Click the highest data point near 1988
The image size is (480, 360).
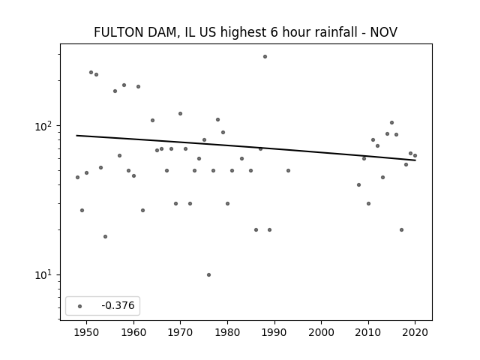(265, 56)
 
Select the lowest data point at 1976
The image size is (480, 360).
(208, 274)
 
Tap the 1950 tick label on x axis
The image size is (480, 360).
(87, 332)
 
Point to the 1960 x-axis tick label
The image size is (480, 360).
(133, 332)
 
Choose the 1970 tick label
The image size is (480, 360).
(181, 332)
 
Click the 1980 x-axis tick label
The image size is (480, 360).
(227, 332)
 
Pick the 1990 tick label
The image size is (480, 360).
(274, 332)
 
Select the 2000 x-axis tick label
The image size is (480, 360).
(321, 332)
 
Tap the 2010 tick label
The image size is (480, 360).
(368, 332)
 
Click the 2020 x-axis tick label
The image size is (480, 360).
(415, 332)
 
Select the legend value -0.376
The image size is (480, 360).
(116, 306)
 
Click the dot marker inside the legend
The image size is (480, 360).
(80, 306)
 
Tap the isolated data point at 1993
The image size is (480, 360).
(288, 170)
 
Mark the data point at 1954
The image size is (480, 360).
(105, 236)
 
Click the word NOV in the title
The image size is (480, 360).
(384, 32)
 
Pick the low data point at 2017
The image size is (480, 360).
(401, 229)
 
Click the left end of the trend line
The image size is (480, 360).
(77, 136)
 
